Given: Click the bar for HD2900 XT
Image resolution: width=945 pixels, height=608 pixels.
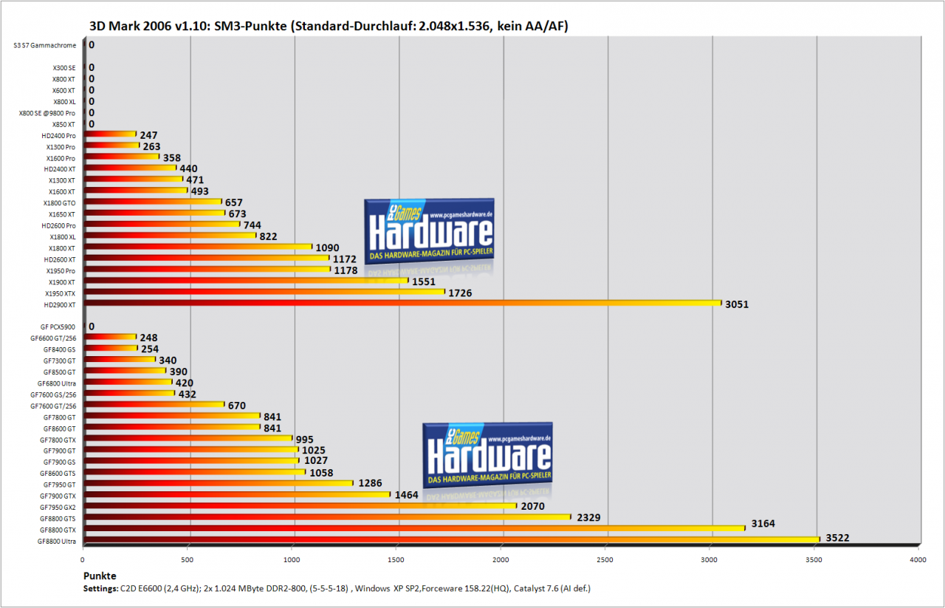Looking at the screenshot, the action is tap(403, 303).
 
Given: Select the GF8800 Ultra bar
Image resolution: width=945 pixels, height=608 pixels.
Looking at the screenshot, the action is tap(452, 539).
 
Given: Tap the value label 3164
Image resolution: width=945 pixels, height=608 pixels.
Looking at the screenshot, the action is tap(763, 524).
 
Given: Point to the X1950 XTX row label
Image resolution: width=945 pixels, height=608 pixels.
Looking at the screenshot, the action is tap(60, 293).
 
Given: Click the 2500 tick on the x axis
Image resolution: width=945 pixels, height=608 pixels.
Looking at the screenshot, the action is tap(605, 559).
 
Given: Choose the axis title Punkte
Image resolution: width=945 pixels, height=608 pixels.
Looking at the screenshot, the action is tap(100, 576).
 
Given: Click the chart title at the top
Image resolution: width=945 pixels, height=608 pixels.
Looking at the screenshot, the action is tap(329, 26).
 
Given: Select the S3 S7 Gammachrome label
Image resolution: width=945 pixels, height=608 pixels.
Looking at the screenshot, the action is tap(45, 45).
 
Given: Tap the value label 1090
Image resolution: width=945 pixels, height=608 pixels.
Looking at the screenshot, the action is tap(327, 247).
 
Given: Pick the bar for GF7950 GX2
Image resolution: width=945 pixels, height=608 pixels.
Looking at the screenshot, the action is tap(300, 505).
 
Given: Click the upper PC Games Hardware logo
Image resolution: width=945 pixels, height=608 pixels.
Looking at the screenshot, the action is tap(429, 231).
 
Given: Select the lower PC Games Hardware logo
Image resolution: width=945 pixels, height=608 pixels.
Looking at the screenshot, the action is tap(487, 455).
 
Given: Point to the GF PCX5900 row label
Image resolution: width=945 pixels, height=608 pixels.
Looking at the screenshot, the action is tap(58, 327).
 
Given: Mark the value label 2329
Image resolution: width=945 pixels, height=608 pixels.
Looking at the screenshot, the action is tap(588, 518).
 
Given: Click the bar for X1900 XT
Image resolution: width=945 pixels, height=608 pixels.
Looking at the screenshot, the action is tap(247, 280).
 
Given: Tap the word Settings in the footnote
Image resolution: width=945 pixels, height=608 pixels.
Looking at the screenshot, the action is tap(100, 589).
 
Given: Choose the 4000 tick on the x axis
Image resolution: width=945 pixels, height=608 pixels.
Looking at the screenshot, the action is tap(918, 559).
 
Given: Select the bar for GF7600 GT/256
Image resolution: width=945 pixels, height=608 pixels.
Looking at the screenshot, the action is tap(154, 405).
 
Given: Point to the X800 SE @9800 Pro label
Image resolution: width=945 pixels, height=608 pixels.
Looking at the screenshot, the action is tap(47, 113).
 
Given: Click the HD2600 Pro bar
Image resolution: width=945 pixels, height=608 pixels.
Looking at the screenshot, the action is tap(162, 224).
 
